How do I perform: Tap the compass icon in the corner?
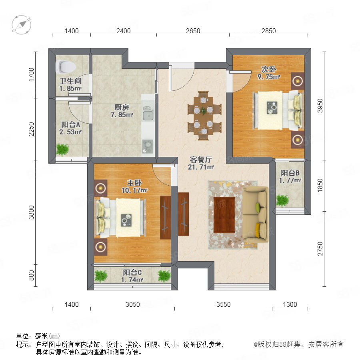coord(21,25)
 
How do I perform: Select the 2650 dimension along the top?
coord(193,31)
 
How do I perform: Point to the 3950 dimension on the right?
coord(320,106)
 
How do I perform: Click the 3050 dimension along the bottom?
coord(132,304)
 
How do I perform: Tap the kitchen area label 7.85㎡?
coord(122,115)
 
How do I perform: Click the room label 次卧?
coord(269,69)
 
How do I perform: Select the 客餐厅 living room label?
coord(201,160)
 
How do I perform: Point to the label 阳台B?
coord(290,173)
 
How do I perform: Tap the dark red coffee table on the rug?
coord(224,215)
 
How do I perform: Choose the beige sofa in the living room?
coord(256,214)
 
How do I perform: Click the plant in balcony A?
coord(62,150)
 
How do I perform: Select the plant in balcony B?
coord(282,200)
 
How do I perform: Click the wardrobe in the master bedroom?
coord(165,218)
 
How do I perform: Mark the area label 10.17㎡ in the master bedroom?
coord(134,190)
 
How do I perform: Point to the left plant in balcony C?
coord(101,276)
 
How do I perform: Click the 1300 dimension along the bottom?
coord(290,304)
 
